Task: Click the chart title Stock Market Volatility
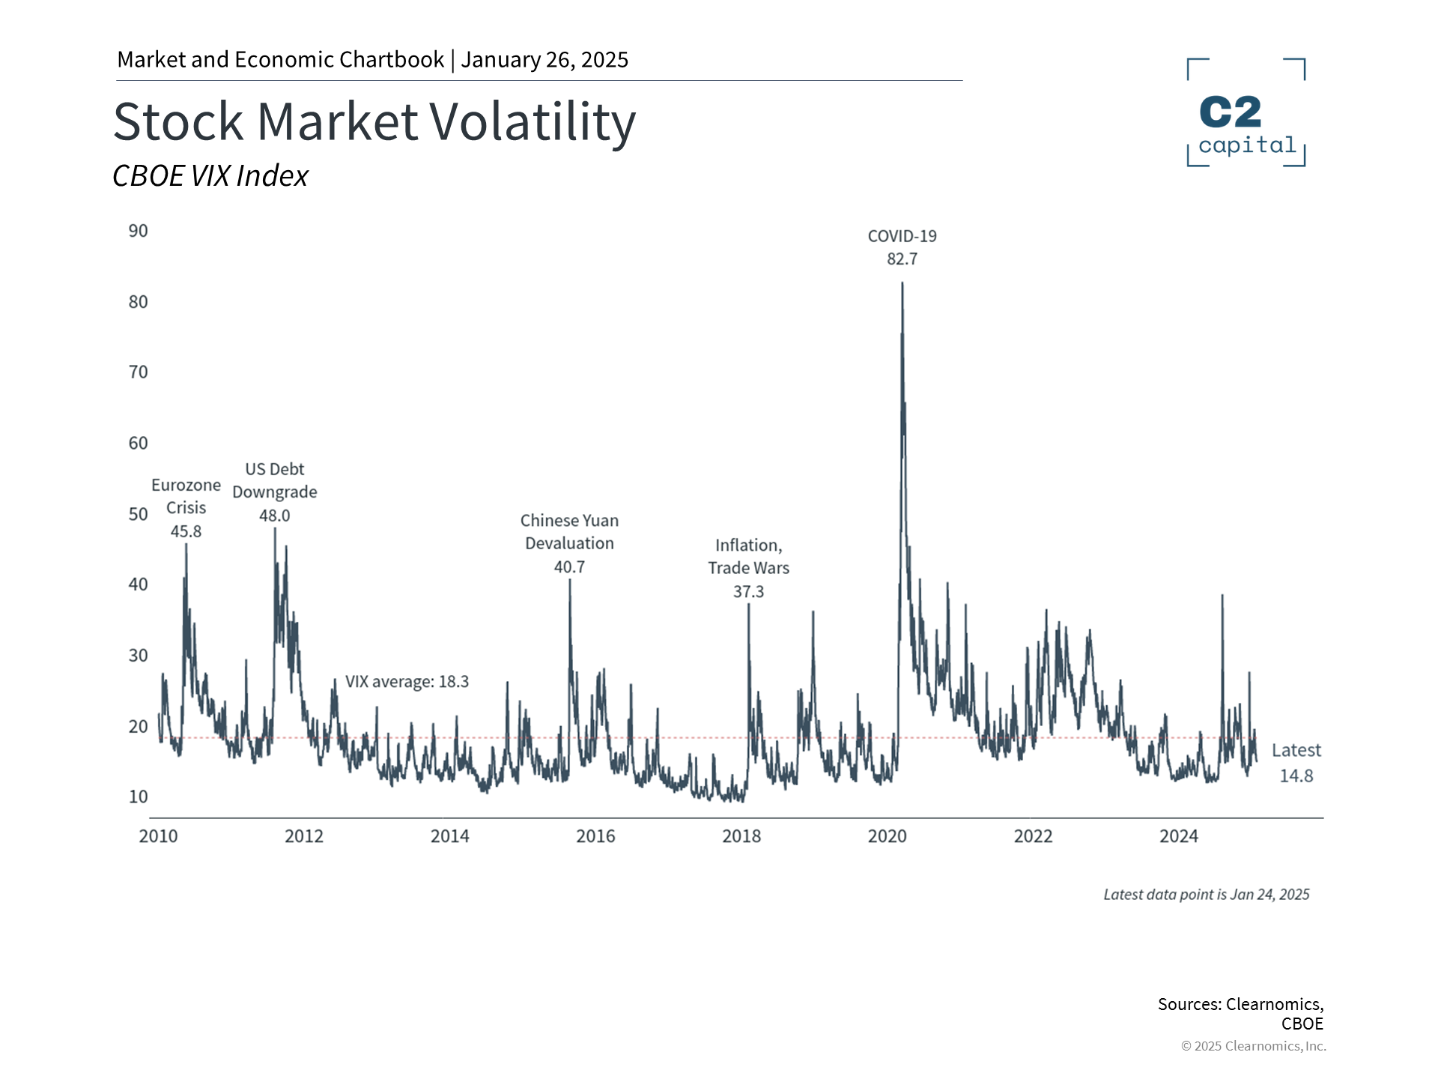[x=374, y=121]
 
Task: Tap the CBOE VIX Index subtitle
[x=210, y=176]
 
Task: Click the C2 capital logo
[x=1246, y=113]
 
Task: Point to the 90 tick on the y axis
[x=139, y=231]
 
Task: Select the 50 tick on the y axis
[x=139, y=514]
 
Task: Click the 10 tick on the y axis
[x=139, y=797]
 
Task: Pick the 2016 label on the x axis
[x=595, y=836]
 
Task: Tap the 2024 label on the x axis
[x=1179, y=836]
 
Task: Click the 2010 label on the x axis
[x=158, y=836]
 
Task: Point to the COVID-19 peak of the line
[x=902, y=284]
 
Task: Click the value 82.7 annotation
[x=902, y=259]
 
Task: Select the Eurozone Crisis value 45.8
[x=186, y=532]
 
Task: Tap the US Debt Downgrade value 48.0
[x=275, y=516]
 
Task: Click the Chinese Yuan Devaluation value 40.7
[x=569, y=567]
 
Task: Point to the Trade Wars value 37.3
[x=749, y=592]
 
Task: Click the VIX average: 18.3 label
[x=407, y=682]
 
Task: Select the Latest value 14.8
[x=1296, y=776]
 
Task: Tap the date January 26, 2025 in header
[x=544, y=60]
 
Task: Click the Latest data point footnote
[x=1206, y=895]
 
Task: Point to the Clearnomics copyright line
[x=1253, y=1046]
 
